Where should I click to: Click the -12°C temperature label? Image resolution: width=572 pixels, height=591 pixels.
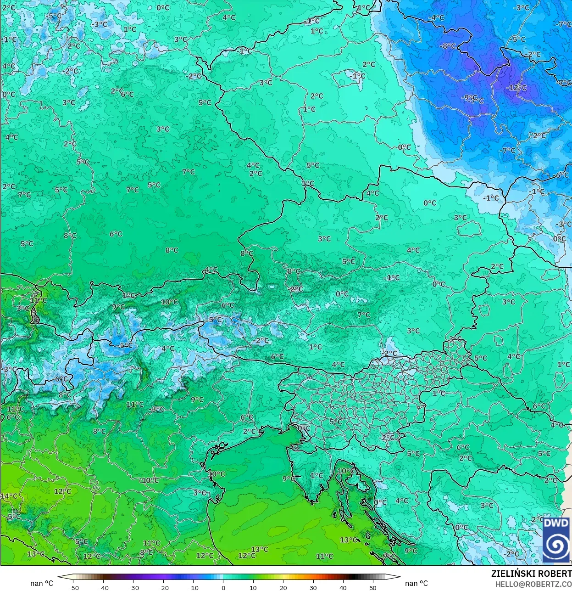516,87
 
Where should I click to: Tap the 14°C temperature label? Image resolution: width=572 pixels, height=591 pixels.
9,496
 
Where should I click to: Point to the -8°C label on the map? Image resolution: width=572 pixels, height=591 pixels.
447,46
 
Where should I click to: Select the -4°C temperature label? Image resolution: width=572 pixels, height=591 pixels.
436,17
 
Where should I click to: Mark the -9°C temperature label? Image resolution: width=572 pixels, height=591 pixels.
468,97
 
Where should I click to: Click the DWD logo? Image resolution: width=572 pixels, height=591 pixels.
556,540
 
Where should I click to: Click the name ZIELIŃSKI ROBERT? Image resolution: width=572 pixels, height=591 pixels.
531,574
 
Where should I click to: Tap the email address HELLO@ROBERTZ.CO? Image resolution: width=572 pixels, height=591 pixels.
533,584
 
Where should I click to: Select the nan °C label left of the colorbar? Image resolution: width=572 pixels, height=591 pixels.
42,583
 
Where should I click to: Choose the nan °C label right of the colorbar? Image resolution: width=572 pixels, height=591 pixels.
417,583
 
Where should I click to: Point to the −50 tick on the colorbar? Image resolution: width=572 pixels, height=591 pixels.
73,587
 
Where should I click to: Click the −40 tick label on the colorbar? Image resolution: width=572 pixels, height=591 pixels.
103,587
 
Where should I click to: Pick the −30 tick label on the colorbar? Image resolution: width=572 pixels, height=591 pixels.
133,587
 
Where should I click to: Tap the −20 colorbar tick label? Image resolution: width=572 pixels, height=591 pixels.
163,587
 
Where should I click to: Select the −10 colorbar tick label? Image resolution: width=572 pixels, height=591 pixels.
193,587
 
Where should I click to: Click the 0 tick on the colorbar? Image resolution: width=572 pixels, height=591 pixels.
223,587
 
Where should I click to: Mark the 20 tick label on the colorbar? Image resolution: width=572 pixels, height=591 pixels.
283,587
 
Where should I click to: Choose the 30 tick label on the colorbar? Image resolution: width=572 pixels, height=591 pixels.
313,587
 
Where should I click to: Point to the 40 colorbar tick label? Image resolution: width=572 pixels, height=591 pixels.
343,587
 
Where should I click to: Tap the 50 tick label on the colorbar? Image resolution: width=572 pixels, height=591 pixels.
373,587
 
